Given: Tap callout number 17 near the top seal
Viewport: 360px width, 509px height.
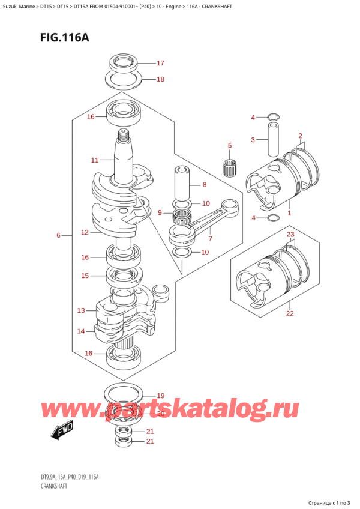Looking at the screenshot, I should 160,63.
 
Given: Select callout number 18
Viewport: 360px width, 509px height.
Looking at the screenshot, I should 160,79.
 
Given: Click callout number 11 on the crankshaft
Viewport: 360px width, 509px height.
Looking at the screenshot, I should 94,160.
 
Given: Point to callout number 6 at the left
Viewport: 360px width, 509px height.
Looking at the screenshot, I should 58,236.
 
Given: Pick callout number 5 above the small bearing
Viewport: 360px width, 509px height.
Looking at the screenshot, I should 229,145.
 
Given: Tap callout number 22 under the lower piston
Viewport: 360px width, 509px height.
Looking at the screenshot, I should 289,313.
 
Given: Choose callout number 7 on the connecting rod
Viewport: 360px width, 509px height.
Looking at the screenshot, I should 210,239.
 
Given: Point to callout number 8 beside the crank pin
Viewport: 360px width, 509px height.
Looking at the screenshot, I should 205,185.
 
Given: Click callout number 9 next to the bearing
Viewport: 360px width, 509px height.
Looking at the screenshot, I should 160,212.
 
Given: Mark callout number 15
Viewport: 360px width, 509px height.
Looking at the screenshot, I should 85,276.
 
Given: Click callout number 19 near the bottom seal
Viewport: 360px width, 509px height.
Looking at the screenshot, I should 160,396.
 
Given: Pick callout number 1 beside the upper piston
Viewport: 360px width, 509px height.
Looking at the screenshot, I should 289,213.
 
